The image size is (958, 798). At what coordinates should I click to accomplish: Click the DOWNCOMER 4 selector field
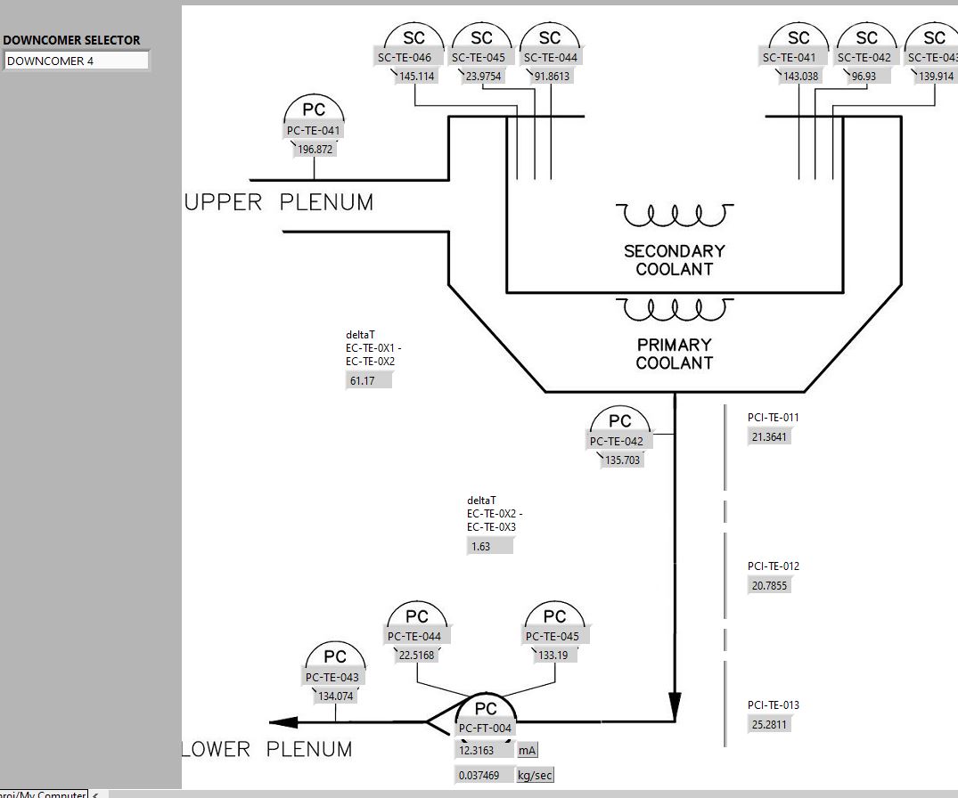point(76,61)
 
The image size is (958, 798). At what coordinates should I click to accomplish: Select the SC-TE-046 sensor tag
point(404,58)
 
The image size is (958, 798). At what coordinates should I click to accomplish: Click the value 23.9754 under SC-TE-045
point(483,77)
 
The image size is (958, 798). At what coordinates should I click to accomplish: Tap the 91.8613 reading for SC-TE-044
point(551,77)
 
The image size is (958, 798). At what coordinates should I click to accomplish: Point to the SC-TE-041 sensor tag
point(789,58)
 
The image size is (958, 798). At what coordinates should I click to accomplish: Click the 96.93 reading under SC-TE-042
point(864,77)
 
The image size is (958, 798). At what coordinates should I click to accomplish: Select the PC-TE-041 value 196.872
point(315,150)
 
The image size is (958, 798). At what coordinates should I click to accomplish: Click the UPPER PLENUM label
point(279,203)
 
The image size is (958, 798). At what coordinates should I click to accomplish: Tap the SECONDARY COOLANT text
point(675,260)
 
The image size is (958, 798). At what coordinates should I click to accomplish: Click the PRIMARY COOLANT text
point(675,354)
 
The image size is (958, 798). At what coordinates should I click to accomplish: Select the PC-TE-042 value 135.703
point(623,460)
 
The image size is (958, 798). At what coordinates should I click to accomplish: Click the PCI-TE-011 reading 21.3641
point(770,437)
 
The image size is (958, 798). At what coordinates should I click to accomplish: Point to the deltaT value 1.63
point(489,546)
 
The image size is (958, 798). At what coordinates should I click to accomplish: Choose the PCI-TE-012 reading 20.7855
point(770,586)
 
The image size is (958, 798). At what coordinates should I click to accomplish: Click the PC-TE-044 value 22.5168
point(416,655)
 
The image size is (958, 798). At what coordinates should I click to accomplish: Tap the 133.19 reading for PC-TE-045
point(553,655)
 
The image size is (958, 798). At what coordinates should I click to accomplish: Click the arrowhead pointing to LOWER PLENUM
point(284,722)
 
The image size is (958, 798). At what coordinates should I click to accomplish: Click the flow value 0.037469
point(485,776)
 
